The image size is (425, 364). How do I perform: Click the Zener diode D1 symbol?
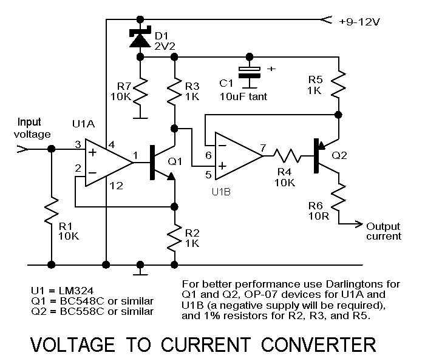tap(140, 38)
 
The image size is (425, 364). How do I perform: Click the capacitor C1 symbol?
tap(249, 71)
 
